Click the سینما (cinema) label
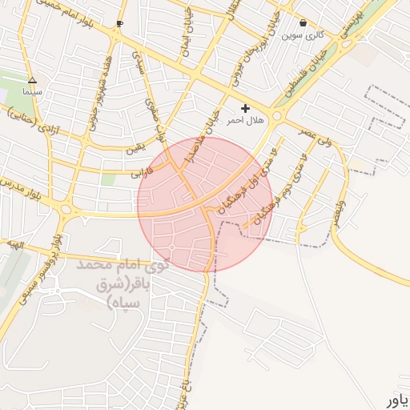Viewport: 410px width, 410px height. coord(32,92)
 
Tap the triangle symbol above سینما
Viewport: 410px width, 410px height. coord(32,80)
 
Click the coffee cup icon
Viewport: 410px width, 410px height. coord(119,24)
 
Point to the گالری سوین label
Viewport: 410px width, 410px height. coord(302,35)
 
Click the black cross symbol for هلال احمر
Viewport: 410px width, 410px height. coord(245,107)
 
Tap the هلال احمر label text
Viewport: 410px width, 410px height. coord(245,119)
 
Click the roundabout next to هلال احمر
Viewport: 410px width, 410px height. coord(277,117)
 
